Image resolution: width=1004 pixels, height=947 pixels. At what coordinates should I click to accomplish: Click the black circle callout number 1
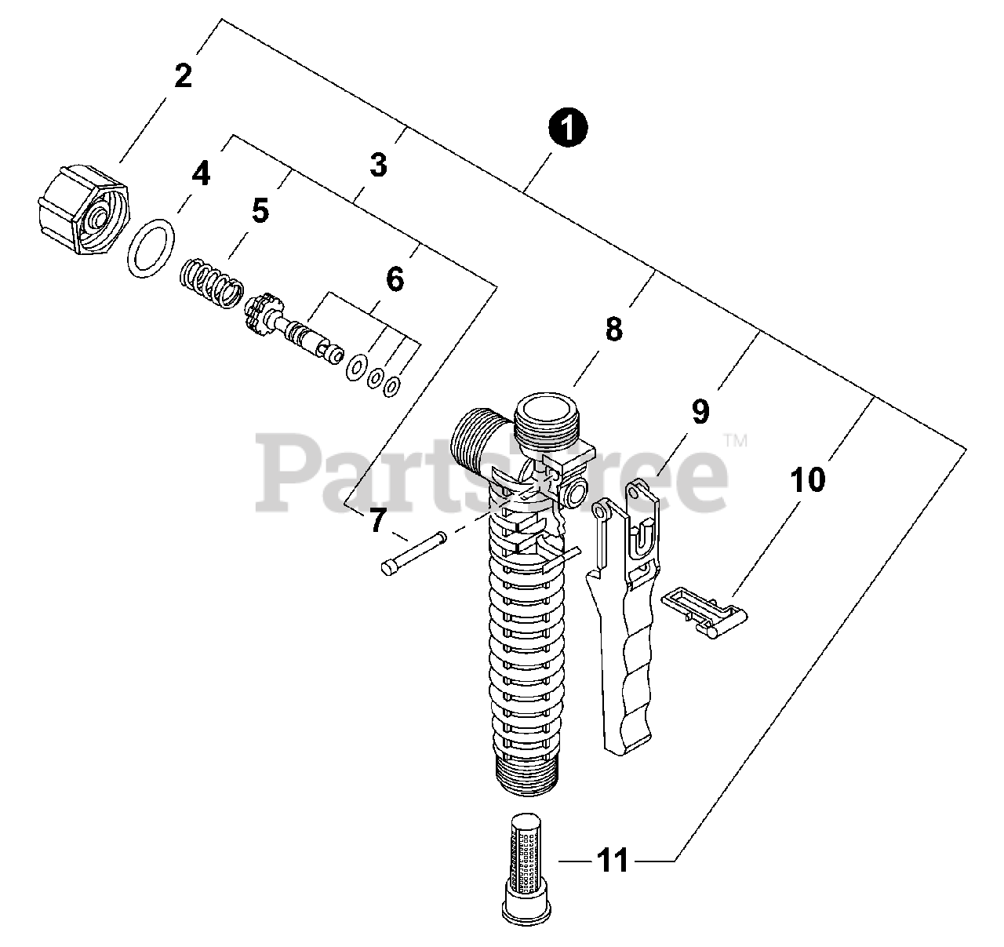[568, 129]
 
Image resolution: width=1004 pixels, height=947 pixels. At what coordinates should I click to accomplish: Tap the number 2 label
[183, 76]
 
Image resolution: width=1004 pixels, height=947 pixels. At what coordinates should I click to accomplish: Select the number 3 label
[379, 166]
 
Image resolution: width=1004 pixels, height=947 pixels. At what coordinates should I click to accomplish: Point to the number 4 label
[202, 173]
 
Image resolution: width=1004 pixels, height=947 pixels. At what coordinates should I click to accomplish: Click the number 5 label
[260, 210]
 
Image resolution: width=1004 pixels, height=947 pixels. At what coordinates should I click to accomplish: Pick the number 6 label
[395, 279]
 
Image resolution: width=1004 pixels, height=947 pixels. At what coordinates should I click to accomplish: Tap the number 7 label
[379, 521]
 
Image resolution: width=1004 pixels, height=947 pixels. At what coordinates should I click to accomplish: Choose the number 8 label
[613, 330]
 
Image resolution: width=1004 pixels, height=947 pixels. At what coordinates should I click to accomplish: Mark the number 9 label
[700, 410]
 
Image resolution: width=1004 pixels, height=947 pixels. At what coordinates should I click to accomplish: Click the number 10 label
[808, 479]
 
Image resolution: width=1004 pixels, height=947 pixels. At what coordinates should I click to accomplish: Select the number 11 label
[613, 861]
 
